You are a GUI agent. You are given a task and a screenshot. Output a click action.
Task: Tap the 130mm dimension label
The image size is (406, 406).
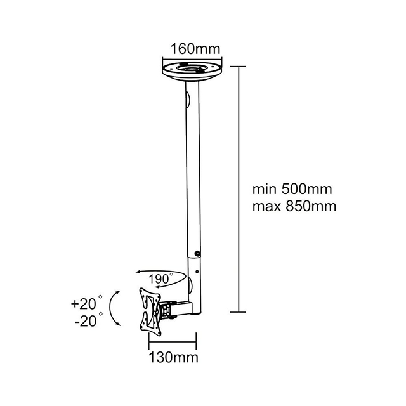[173, 358]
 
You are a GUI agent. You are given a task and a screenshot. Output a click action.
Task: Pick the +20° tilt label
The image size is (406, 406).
[86, 304]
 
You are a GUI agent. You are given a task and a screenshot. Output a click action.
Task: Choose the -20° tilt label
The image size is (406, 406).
[87, 321]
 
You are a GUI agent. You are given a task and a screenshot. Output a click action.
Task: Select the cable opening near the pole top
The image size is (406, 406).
[188, 101]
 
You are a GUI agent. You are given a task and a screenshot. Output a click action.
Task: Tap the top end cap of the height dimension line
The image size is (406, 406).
[239, 65]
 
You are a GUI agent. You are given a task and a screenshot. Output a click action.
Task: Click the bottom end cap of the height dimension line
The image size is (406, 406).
[239, 311]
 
